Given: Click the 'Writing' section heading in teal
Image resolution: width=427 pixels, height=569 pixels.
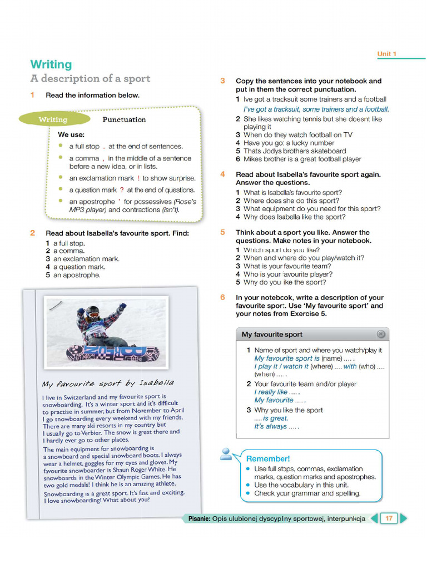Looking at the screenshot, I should (51, 64).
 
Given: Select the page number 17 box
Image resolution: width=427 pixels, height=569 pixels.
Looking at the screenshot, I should (389, 518).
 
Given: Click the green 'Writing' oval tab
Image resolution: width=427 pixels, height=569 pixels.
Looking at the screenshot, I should (53, 119).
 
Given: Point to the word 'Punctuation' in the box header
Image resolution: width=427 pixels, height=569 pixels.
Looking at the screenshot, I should (124, 119).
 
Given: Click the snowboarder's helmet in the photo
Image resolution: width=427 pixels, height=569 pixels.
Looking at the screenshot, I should (93, 312).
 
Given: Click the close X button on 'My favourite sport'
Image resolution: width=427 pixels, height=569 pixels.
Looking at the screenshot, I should (380, 334).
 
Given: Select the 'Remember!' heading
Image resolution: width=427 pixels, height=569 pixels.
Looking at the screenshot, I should (268, 458).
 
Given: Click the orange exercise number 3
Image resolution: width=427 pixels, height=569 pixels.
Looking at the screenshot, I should (222, 81).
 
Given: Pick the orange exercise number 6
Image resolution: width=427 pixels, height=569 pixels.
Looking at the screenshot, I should (222, 297).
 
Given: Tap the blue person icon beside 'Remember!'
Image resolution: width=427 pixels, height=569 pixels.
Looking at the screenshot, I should (226, 454).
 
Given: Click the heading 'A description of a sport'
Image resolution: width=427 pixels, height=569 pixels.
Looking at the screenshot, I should (90, 78).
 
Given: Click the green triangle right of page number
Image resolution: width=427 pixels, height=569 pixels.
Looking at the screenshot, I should (404, 518).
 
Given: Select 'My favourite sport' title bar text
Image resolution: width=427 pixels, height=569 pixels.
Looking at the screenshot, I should (272, 335).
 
